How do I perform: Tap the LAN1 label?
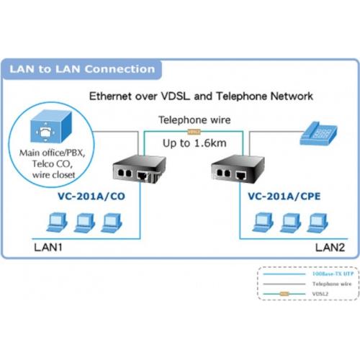[x=48, y=247]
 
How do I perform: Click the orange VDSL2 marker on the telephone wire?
[x=193, y=132]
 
